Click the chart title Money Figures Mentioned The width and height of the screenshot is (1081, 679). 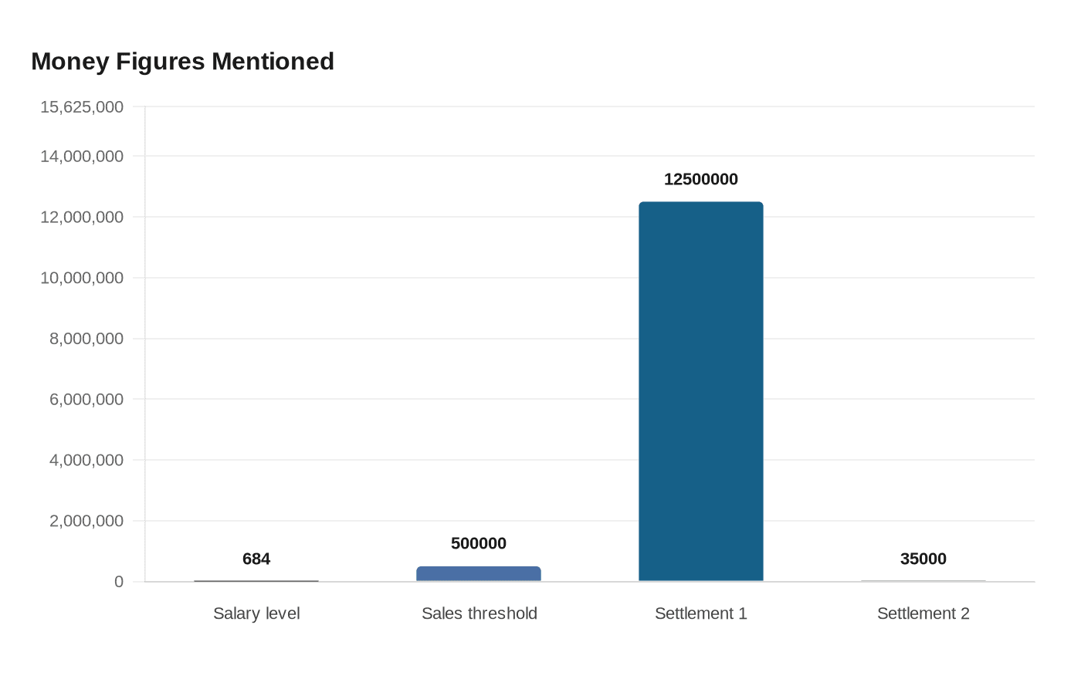pos(182,62)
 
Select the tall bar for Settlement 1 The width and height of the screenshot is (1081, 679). pos(701,391)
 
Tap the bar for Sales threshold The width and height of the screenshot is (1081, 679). pos(479,574)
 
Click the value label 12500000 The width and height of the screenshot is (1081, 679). pos(701,180)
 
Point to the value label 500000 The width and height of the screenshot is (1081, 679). pos(479,544)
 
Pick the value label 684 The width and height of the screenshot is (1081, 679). pos(256,559)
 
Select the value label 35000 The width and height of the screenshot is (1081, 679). pos(923,559)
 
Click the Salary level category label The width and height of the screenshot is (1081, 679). pos(256,613)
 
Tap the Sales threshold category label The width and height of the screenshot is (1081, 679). pos(479,613)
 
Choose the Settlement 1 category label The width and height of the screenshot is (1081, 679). pos(701,613)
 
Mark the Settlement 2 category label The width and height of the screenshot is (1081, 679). pos(923,613)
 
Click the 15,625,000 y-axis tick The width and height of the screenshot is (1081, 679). pos(82,107)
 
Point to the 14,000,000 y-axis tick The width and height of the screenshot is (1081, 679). pos(82,157)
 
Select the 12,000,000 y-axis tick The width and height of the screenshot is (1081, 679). pos(82,218)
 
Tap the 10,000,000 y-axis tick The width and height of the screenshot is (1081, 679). pos(82,278)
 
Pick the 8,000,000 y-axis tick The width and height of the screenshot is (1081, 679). pos(86,339)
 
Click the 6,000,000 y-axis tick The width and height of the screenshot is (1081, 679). pos(86,400)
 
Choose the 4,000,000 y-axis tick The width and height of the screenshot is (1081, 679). pos(86,461)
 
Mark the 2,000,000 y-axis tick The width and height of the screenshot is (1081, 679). pos(86,522)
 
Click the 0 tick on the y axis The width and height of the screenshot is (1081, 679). pos(119,582)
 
